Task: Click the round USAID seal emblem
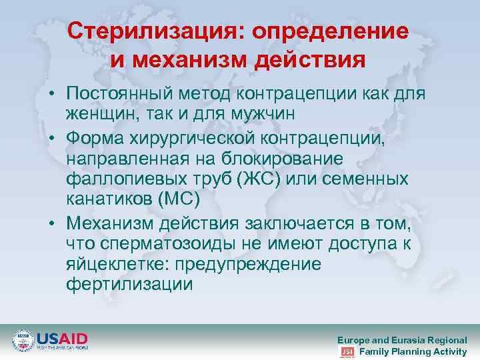[x=23, y=341]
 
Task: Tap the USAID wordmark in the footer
[x=61, y=337]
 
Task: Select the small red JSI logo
[x=347, y=352]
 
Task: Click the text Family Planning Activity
[x=413, y=352]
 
